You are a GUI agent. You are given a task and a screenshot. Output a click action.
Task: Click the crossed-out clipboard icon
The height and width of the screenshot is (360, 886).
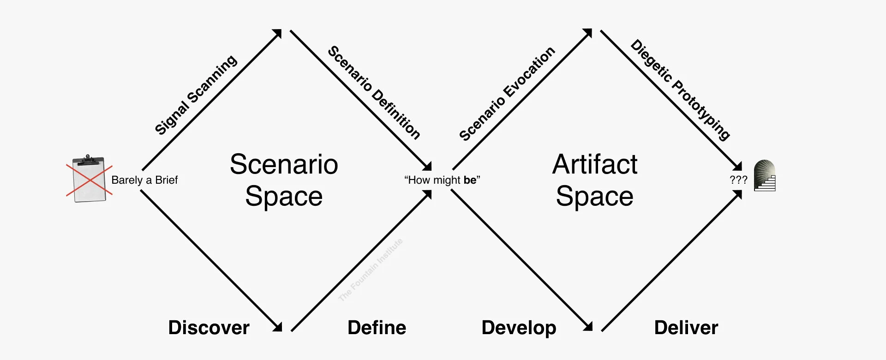click(x=89, y=179)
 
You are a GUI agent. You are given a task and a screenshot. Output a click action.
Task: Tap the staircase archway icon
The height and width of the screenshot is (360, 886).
click(x=765, y=176)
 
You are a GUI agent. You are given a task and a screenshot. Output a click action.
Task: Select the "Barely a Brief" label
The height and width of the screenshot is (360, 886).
click(x=144, y=180)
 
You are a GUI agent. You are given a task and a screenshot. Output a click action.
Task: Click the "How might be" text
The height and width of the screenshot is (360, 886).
click(x=442, y=180)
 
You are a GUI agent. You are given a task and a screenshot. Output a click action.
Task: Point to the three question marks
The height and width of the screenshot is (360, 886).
click(x=738, y=180)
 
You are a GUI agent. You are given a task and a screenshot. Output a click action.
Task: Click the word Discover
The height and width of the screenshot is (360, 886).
click(x=209, y=328)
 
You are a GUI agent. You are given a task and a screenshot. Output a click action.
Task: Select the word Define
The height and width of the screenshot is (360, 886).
click(x=377, y=328)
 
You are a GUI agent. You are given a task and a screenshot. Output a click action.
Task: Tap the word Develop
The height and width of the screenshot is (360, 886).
click(x=519, y=328)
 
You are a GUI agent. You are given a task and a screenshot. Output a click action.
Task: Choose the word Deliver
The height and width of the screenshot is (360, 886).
click(x=686, y=328)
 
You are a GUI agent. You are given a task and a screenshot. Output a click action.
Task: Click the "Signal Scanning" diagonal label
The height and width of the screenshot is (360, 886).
click(x=196, y=95)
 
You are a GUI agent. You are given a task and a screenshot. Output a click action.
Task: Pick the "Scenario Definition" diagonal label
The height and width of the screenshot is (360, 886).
click(x=374, y=92)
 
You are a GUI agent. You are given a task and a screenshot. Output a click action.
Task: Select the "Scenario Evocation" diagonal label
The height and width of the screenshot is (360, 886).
click(x=507, y=94)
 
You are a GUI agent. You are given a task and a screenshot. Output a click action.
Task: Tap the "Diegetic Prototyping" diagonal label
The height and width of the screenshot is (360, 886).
click(x=680, y=90)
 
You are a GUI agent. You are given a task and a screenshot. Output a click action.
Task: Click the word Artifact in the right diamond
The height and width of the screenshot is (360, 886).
click(x=594, y=164)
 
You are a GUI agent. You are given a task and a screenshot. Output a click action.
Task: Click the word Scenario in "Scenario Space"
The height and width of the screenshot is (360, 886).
click(x=284, y=164)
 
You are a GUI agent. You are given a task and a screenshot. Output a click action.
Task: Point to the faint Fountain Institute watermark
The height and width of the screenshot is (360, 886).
click(x=370, y=270)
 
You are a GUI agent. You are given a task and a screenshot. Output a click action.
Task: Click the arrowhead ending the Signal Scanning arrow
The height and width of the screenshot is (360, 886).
click(x=278, y=33)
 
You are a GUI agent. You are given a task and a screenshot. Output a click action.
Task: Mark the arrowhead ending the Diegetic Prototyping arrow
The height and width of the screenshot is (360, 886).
click(x=738, y=167)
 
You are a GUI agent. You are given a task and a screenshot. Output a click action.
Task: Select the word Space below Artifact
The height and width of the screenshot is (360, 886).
click(x=594, y=196)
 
